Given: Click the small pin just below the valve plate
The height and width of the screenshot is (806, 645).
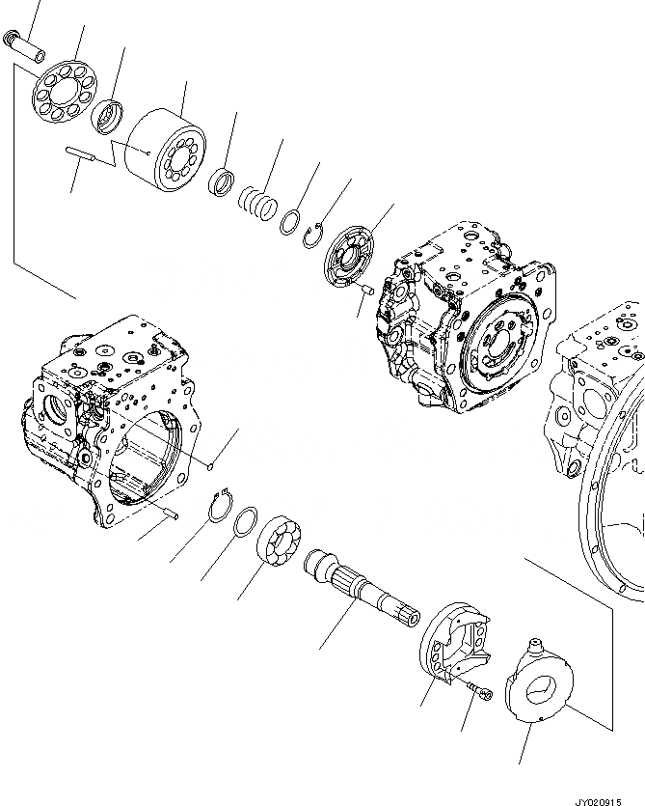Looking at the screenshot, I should coord(365,288).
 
